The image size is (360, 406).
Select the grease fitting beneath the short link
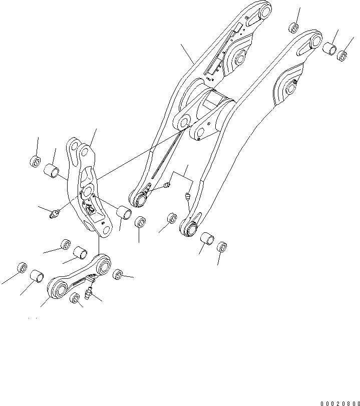(x=89, y=290)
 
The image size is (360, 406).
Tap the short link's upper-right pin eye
(x=104, y=264)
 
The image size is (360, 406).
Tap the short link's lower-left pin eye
(x=59, y=289)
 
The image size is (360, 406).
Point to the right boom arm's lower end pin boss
(x=189, y=228)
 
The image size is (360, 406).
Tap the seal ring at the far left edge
(x=22, y=267)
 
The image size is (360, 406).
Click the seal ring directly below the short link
(x=75, y=299)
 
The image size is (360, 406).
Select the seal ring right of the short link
(x=118, y=274)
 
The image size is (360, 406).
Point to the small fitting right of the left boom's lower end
(x=167, y=187)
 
